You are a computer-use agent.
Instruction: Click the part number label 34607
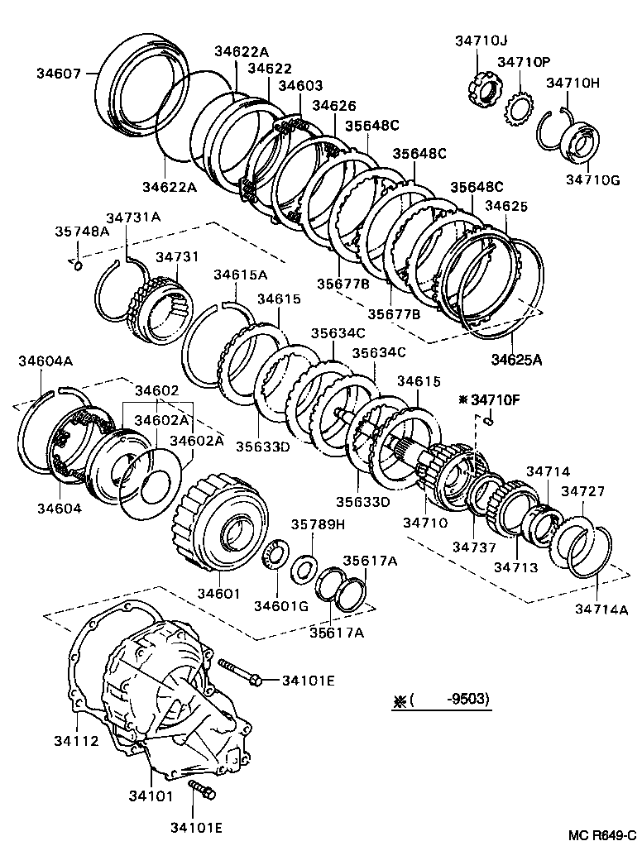[58, 73]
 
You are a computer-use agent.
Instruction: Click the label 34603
[300, 85]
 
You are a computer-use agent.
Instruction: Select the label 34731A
[133, 217]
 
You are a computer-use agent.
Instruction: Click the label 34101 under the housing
[151, 796]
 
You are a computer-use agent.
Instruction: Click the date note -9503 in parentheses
[467, 699]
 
